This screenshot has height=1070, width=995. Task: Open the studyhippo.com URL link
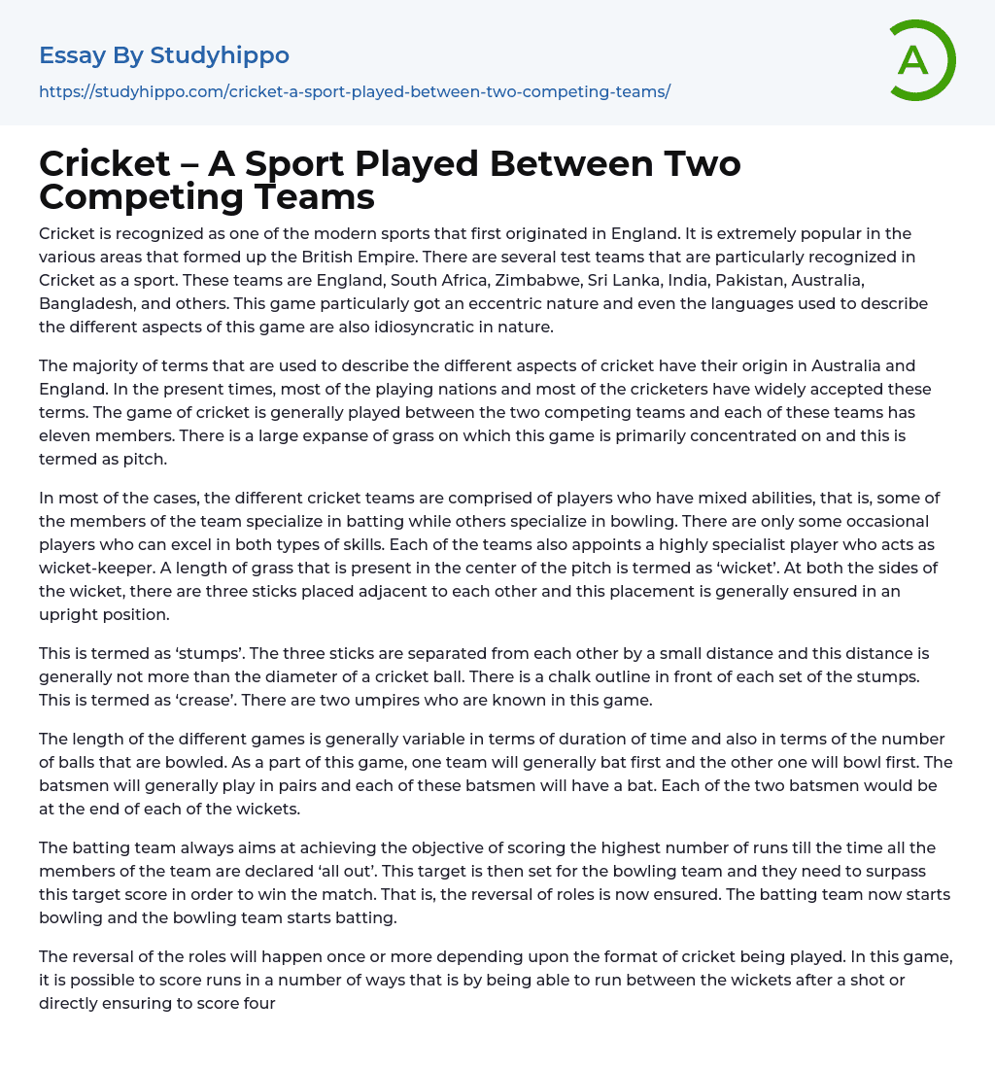pyautogui.click(x=355, y=91)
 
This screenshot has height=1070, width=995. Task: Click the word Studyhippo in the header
pyautogui.click(x=220, y=55)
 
